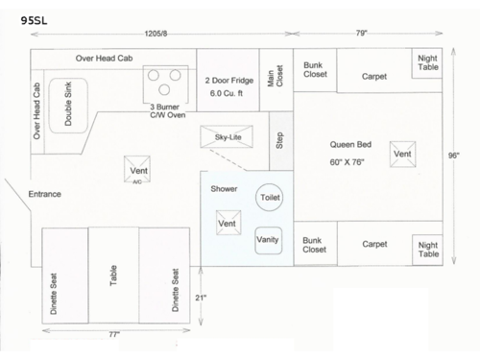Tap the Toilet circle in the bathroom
[270, 197]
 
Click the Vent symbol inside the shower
[228, 224]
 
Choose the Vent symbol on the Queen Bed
[403, 154]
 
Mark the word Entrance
[44, 194]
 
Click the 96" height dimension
[453, 156]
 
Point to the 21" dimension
[200, 298]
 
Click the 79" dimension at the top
[361, 34]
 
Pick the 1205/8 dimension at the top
[156, 34]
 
